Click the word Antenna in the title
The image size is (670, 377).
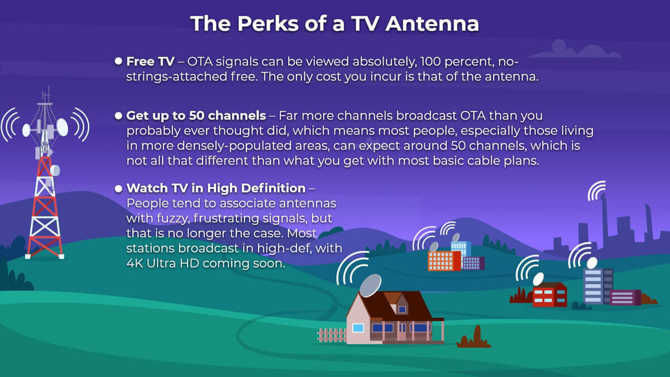click(x=432, y=23)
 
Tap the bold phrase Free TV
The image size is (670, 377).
click(x=150, y=61)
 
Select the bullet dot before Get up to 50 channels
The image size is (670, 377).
click(x=118, y=116)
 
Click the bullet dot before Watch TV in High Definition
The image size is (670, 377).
click(x=118, y=189)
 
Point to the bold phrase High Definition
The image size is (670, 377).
click(x=256, y=188)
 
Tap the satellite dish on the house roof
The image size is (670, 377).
click(x=370, y=285)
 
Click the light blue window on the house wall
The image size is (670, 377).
click(x=358, y=328)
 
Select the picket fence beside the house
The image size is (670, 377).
click(x=332, y=335)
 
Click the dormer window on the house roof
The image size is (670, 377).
click(x=403, y=309)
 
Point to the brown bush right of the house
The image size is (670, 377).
click(x=474, y=337)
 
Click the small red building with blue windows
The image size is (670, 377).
click(x=550, y=295)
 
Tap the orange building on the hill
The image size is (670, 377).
click(x=444, y=261)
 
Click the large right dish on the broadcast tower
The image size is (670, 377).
click(x=62, y=127)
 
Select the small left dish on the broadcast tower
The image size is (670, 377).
click(x=26, y=130)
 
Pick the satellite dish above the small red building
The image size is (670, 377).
click(x=538, y=279)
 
